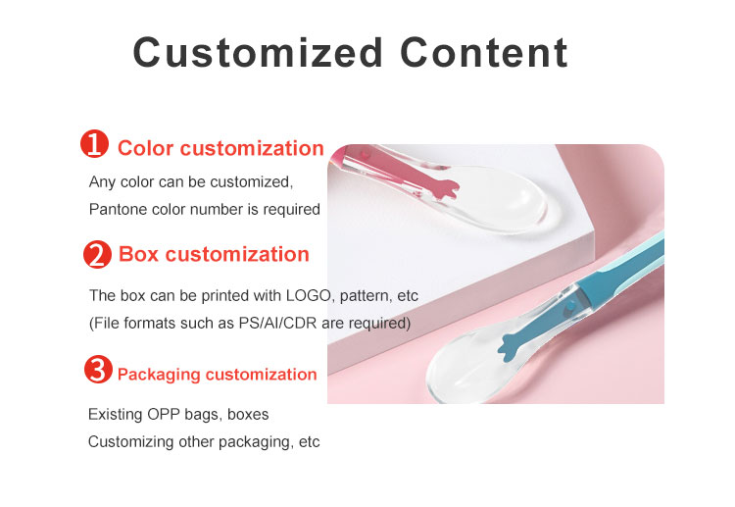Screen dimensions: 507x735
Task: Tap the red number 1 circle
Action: pyautogui.click(x=94, y=146)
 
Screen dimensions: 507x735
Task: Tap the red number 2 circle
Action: pyautogui.click(x=96, y=255)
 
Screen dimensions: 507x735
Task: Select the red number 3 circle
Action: pyautogui.click(x=97, y=371)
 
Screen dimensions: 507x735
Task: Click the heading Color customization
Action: pyautogui.click(x=220, y=149)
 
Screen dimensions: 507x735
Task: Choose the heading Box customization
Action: pyautogui.click(x=214, y=255)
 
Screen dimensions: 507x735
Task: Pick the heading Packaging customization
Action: pyautogui.click(x=217, y=375)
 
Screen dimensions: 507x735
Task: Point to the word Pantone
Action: pyautogui.click(x=117, y=209)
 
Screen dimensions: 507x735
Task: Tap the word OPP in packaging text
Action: pyautogui.click(x=164, y=415)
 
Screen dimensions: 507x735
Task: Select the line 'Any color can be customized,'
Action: pyautogui.click(x=191, y=181)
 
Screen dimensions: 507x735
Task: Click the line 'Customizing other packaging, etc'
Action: pyautogui.click(x=204, y=441)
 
